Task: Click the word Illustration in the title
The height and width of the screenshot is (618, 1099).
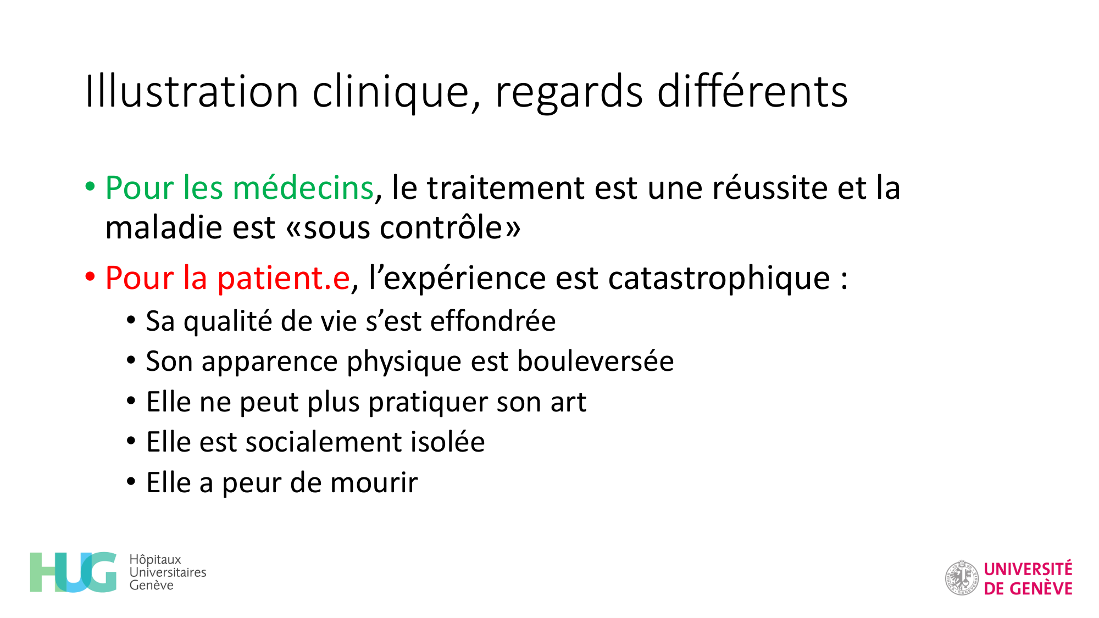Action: point(192,91)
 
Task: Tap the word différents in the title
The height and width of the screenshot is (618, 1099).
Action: point(752,91)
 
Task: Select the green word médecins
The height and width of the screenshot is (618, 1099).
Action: point(303,187)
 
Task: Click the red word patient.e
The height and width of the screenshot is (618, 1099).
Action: point(284,278)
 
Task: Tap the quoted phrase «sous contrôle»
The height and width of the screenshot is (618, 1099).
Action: point(403,228)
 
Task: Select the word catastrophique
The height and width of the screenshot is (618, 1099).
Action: point(719,278)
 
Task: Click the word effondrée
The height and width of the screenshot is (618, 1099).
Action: point(493,321)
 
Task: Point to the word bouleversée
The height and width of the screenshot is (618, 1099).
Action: point(596,361)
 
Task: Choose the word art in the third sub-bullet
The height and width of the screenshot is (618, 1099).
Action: point(568,402)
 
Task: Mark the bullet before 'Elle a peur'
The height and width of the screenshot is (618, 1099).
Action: point(131,482)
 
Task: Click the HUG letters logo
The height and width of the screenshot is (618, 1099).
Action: point(73,572)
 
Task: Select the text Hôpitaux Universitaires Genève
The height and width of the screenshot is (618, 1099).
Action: point(168,572)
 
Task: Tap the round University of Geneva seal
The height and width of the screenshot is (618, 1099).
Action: point(962,578)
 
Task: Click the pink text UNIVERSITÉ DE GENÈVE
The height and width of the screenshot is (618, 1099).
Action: point(1028,578)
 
